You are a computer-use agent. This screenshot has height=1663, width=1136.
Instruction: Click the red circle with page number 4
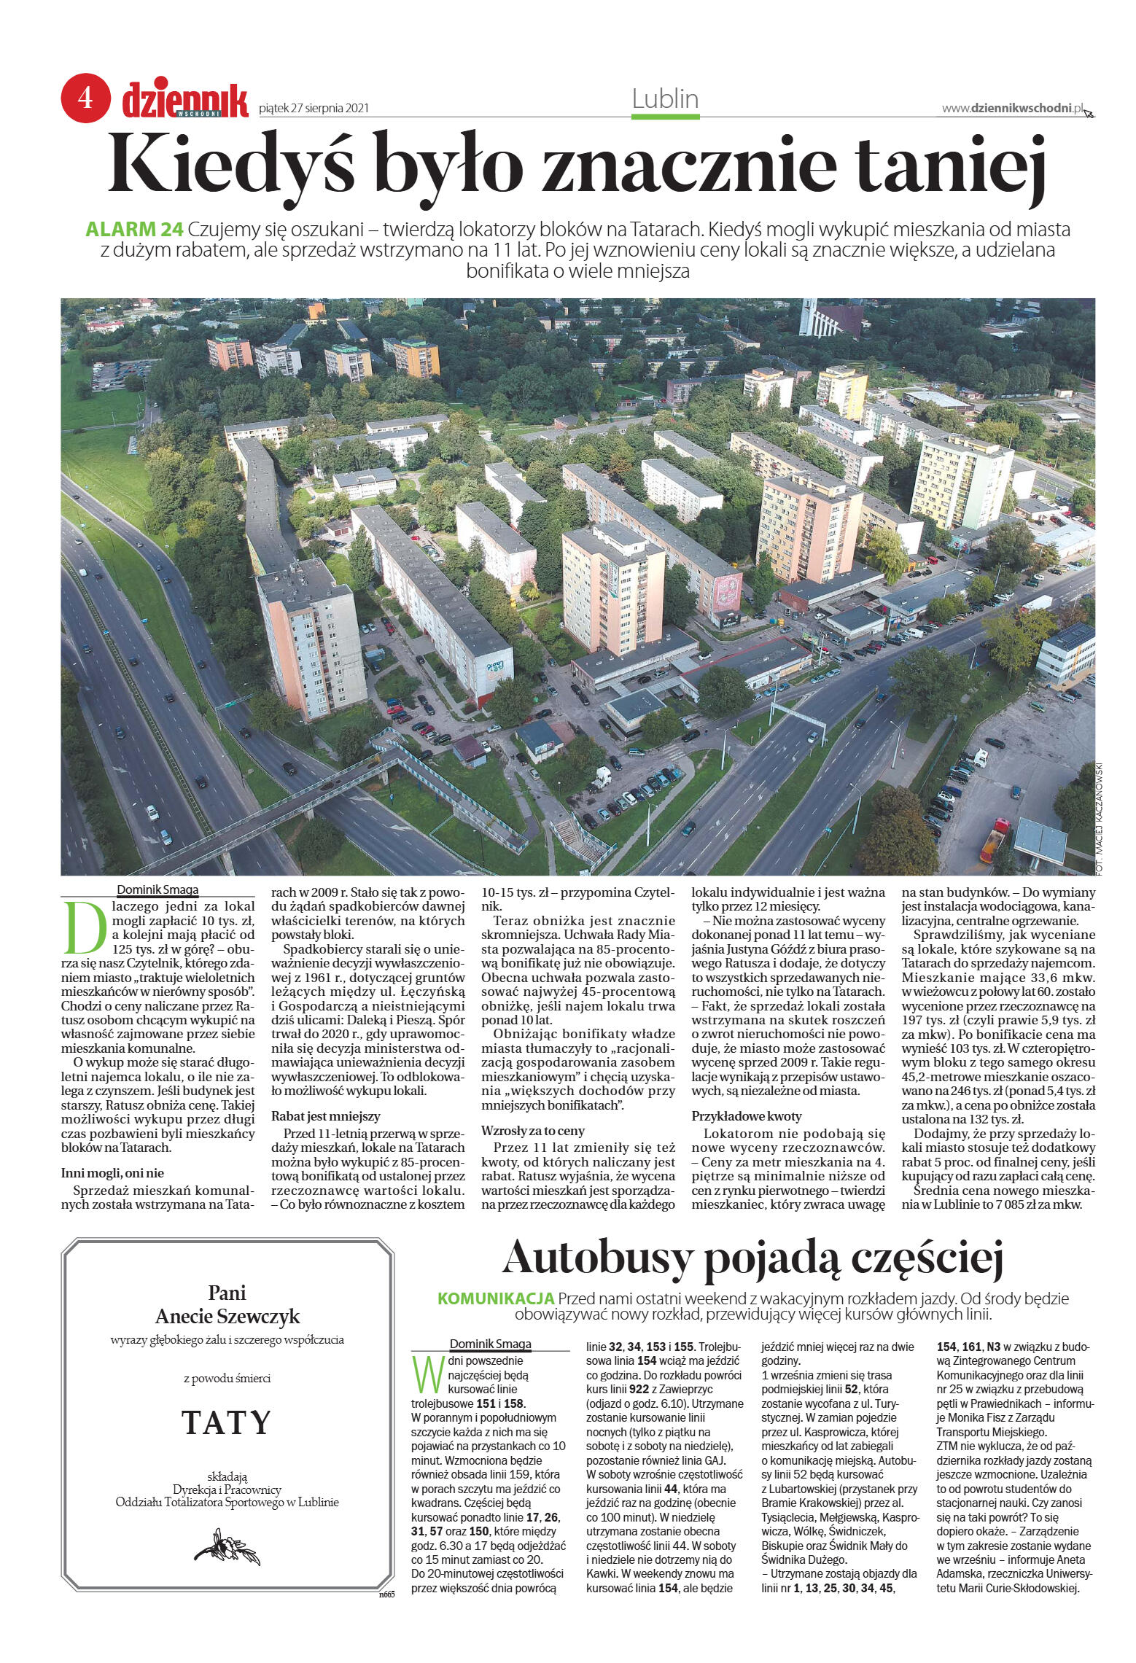(85, 98)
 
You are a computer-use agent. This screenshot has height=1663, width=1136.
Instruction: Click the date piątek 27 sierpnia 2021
(314, 109)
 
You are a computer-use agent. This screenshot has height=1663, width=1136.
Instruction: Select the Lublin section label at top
(665, 98)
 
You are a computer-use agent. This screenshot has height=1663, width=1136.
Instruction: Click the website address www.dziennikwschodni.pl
(1011, 108)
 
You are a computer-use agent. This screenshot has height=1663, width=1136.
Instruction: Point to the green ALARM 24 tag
(133, 229)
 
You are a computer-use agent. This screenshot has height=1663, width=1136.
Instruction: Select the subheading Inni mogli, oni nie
(112, 1173)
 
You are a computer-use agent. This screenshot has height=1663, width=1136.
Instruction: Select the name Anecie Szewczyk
(227, 1317)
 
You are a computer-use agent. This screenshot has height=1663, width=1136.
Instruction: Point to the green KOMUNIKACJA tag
(496, 1299)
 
